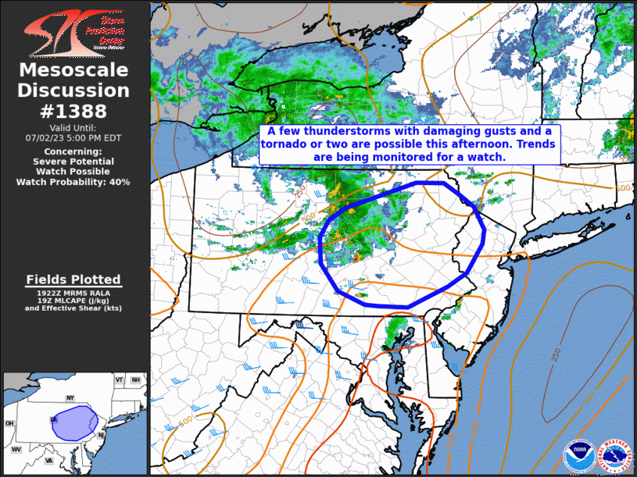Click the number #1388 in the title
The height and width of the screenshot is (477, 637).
73,111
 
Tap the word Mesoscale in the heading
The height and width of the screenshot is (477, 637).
73,71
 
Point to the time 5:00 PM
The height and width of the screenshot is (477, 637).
93,137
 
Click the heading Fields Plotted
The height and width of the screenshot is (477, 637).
73,279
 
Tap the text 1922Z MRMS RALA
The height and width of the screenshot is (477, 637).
73,292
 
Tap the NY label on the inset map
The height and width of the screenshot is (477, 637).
70,398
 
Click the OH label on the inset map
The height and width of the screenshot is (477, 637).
9,424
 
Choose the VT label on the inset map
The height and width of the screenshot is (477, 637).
120,379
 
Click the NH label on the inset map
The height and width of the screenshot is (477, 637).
136,380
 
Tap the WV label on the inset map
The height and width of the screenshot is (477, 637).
16,450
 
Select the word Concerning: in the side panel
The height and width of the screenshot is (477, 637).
73,151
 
